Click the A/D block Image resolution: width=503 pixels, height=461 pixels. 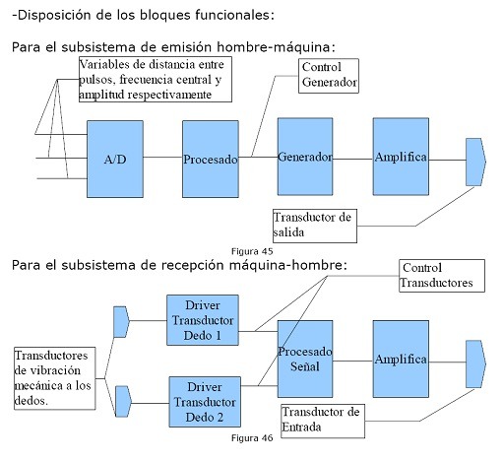click(x=115, y=158)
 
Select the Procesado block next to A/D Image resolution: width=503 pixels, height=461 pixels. click(x=211, y=158)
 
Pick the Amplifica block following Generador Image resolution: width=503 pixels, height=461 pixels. click(x=401, y=157)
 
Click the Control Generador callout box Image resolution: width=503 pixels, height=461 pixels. click(x=329, y=76)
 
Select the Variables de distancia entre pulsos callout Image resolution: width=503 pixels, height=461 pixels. click(x=155, y=80)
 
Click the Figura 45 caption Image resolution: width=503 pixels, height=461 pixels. click(x=251, y=252)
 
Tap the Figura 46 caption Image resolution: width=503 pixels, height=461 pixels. click(x=252, y=437)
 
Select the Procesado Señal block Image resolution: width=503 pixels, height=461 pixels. click(x=305, y=357)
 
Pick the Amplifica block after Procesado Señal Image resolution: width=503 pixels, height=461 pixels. click(x=401, y=358)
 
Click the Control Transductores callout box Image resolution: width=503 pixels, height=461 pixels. click(x=441, y=275)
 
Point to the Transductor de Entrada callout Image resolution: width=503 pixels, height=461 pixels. click(x=321, y=419)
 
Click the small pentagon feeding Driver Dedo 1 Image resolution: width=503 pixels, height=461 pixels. click(x=122, y=321)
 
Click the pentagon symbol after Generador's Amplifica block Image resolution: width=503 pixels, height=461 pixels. click(x=475, y=160)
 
